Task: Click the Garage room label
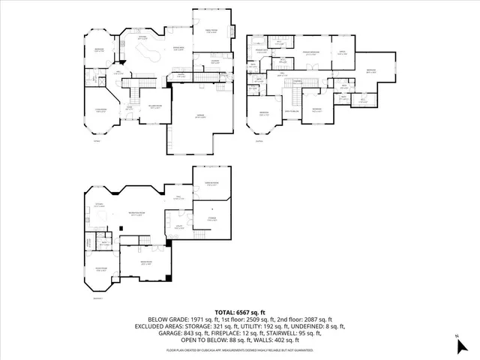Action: pyautogui.click(x=202, y=117)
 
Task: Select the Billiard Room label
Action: pyautogui.click(x=156, y=107)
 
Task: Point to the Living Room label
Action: pyautogui.click(x=98, y=111)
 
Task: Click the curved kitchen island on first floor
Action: pyautogui.click(x=150, y=55)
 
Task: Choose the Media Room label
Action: pyautogui.click(x=146, y=263)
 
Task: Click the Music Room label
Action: pyautogui.click(x=100, y=270)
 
